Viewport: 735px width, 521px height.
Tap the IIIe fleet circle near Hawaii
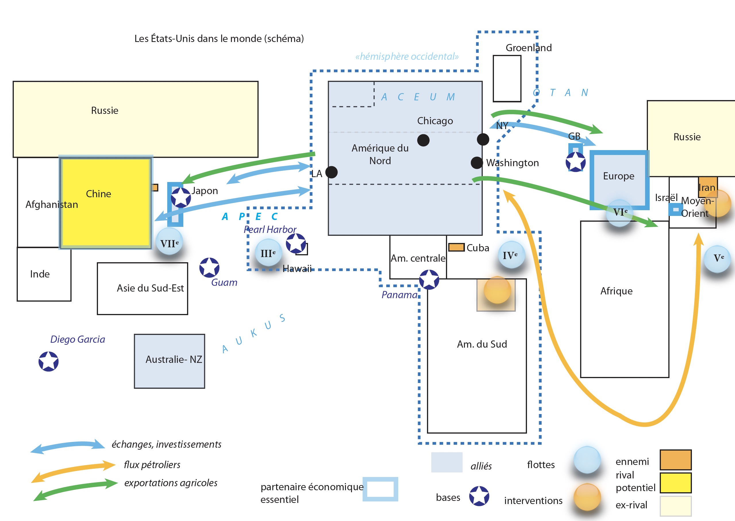tap(268, 253)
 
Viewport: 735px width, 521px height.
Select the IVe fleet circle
tap(511, 255)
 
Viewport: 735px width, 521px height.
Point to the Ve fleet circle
tap(717, 258)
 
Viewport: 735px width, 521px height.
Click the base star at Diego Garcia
tap(48, 361)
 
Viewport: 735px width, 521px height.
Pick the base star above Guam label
tap(209, 268)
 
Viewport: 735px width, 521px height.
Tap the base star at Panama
tap(429, 279)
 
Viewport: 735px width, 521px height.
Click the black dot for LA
tap(331, 172)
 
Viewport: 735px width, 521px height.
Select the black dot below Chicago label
tap(423, 140)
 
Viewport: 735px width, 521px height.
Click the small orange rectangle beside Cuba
tap(456, 247)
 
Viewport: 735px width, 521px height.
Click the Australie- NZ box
tap(169, 361)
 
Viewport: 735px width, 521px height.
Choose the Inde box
tap(44, 274)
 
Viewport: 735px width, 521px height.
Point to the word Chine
tap(98, 194)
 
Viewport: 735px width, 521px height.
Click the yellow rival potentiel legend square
tap(676, 482)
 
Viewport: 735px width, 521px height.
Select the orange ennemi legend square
tap(676, 460)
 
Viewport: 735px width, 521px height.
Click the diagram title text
tap(219, 39)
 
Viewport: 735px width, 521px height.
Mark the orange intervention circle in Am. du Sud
tap(497, 290)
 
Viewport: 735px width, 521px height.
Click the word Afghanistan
tap(52, 204)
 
